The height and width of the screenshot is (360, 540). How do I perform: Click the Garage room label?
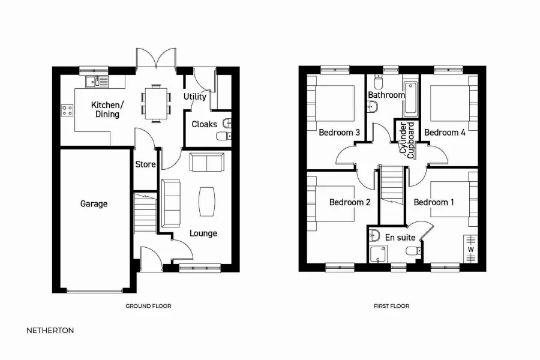click(94, 204)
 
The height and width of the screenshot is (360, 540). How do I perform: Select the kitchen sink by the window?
click(96, 81)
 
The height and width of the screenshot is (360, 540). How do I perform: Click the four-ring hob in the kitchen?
click(67, 110)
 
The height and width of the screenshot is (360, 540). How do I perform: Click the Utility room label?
click(195, 97)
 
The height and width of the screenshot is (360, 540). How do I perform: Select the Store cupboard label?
click(145, 164)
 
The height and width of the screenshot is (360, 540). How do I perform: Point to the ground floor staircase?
click(144, 214)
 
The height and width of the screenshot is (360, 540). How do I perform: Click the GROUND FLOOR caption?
click(148, 306)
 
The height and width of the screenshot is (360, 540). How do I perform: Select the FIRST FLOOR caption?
click(391, 306)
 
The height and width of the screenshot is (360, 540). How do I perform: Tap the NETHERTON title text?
click(50, 330)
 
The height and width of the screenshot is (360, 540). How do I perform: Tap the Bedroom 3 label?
click(339, 133)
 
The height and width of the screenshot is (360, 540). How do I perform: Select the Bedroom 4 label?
click(445, 133)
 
